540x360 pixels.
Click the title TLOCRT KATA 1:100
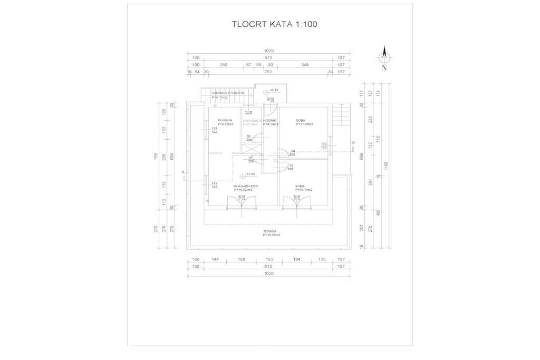(274, 24)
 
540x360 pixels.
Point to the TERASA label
(271, 231)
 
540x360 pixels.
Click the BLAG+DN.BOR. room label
(245, 186)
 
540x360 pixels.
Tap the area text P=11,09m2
(304, 124)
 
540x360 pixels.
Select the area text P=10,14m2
(304, 190)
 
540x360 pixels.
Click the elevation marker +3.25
(250, 174)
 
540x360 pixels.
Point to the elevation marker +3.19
(274, 91)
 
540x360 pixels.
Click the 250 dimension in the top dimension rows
(223, 64)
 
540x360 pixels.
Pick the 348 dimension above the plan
(305, 64)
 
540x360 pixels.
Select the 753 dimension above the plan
(268, 72)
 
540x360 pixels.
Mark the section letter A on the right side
(353, 143)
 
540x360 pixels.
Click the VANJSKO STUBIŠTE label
(228, 93)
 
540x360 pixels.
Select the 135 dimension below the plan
(322, 259)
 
